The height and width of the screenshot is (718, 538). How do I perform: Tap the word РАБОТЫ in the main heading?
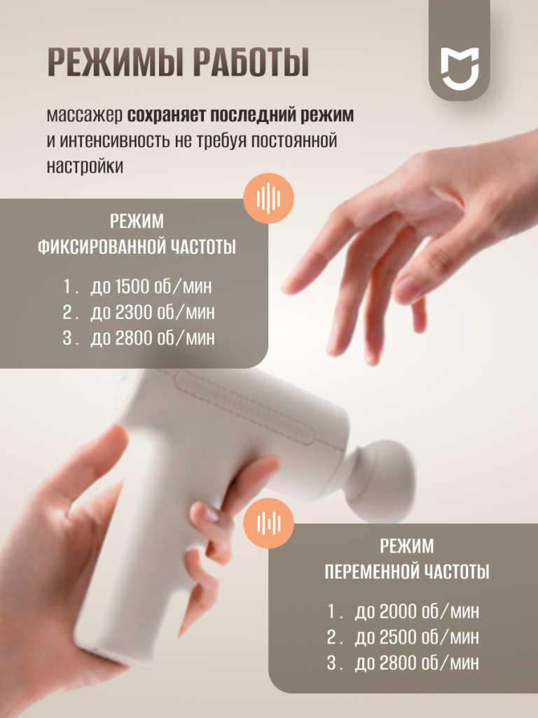(x=251, y=62)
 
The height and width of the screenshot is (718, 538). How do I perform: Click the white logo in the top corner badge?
(x=460, y=68)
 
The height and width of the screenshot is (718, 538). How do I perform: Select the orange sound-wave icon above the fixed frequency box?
(x=268, y=198)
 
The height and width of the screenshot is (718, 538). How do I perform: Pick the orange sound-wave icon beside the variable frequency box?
(x=268, y=523)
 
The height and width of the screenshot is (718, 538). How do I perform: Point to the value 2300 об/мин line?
(x=152, y=312)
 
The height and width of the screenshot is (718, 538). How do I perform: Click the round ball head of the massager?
(x=385, y=476)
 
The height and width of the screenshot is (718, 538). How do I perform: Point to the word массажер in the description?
(x=85, y=116)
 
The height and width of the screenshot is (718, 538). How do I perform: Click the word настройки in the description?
(x=85, y=166)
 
